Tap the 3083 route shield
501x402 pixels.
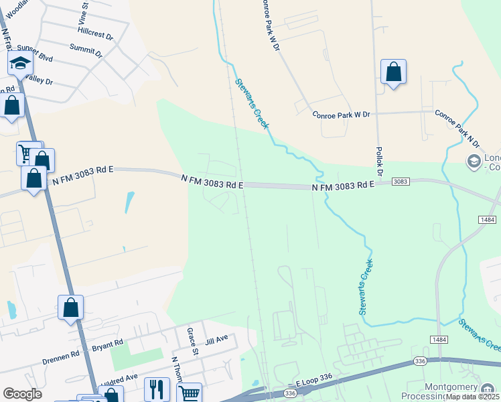pos(401,182)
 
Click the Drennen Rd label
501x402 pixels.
pos(62,352)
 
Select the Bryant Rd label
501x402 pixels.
pos(108,344)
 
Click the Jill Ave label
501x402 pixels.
pos(216,340)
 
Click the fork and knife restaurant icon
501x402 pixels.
pos(157,389)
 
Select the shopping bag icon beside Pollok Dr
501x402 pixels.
pos(393,72)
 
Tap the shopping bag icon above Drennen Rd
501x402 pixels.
pos(70,308)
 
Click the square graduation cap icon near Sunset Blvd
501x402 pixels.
pos(20,63)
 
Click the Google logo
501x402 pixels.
pos(22,394)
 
